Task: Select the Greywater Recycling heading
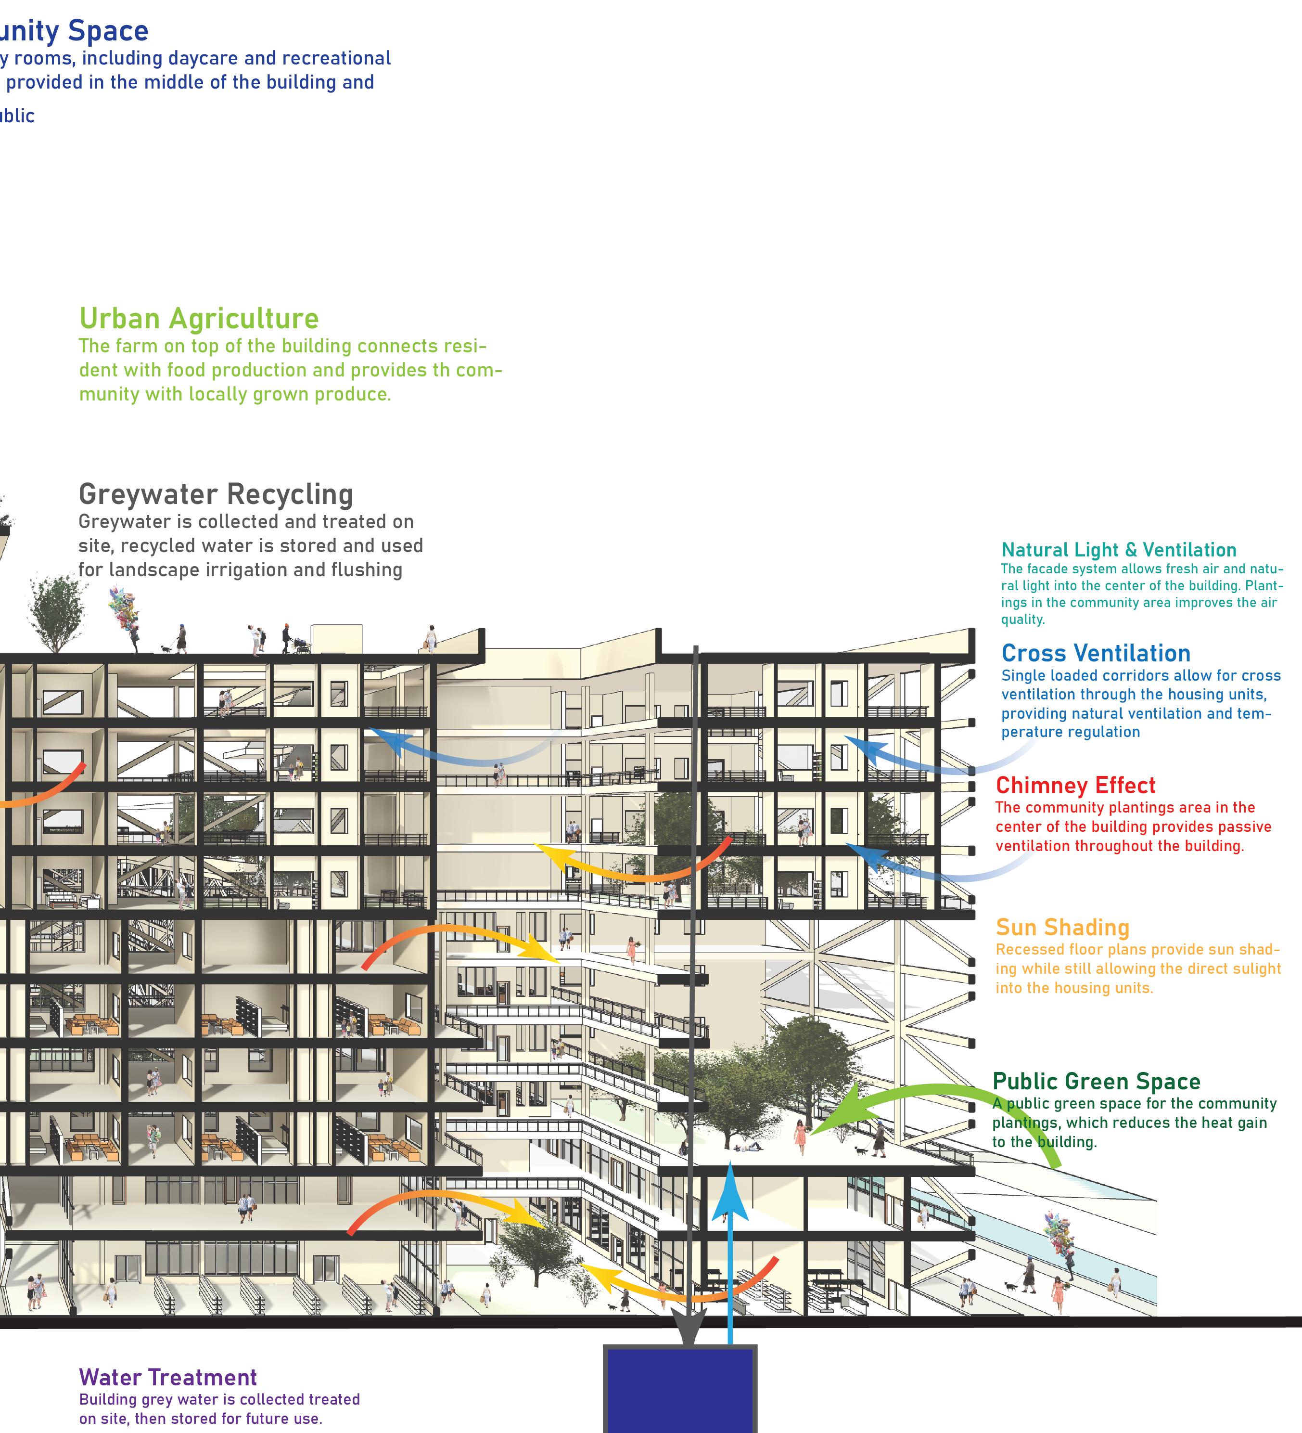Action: [x=216, y=494]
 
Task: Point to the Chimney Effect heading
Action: [x=1074, y=786]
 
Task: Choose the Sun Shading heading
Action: [x=1062, y=928]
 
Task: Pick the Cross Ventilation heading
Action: [x=1095, y=653]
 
